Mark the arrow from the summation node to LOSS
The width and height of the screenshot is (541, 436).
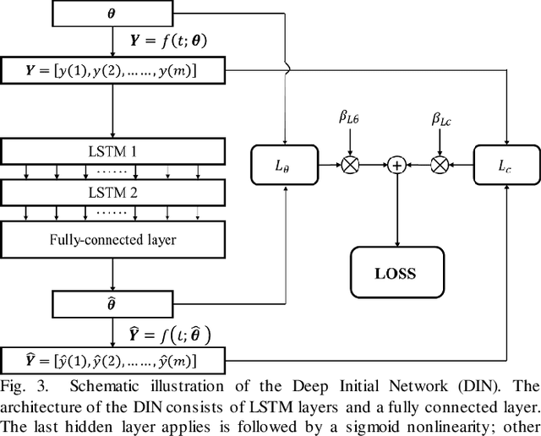point(396,211)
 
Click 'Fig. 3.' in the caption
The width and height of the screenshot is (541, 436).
point(20,385)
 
